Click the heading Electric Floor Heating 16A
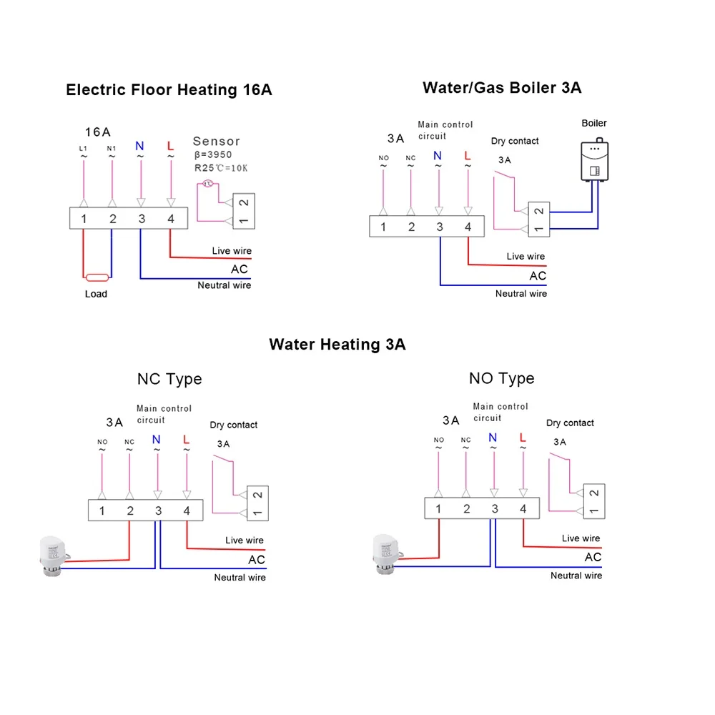tap(169, 90)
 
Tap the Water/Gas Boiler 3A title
tap(502, 88)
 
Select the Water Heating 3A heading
tap(337, 345)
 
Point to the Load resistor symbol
tap(96, 277)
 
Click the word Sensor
tap(216, 142)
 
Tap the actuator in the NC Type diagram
tap(52, 554)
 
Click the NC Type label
tap(169, 379)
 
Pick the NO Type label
tap(501, 378)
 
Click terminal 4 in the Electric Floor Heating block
tap(170, 218)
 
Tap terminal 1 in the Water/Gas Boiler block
tap(383, 227)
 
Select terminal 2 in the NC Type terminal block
tap(130, 511)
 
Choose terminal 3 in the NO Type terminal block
tap(495, 509)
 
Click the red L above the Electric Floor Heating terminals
tap(170, 146)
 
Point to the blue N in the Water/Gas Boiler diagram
tap(438, 156)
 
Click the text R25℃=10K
tap(220, 168)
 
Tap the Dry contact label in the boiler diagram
tap(515, 141)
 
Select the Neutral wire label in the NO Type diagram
tap(576, 576)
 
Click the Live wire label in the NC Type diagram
tap(245, 541)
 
